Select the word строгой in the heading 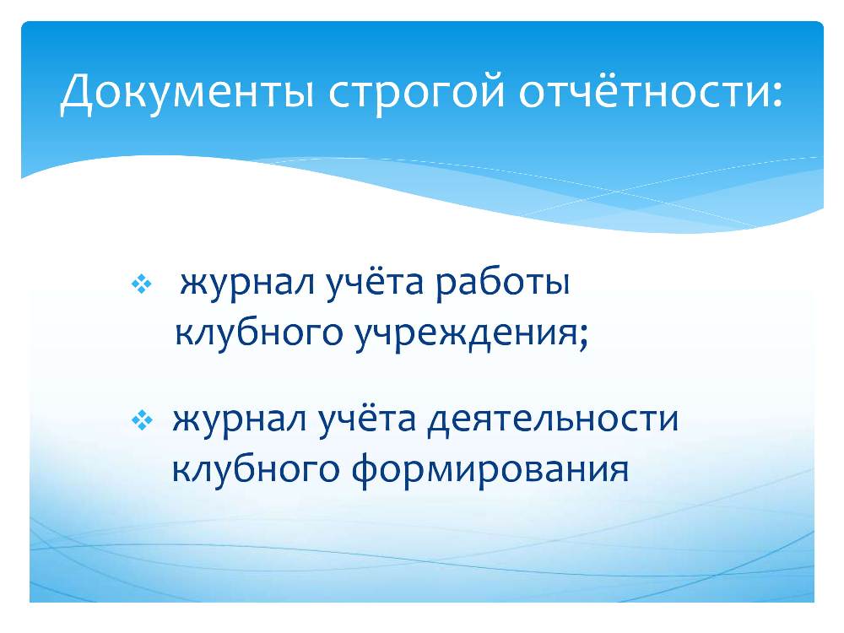(417, 95)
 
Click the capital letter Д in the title (77, 94)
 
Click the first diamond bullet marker (142, 284)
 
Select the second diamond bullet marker (142, 420)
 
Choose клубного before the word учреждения (259, 333)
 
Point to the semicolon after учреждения (583, 338)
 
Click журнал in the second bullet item (240, 419)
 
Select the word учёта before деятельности (368, 418)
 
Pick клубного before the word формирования (256, 468)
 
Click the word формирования (490, 469)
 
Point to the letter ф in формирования (367, 469)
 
